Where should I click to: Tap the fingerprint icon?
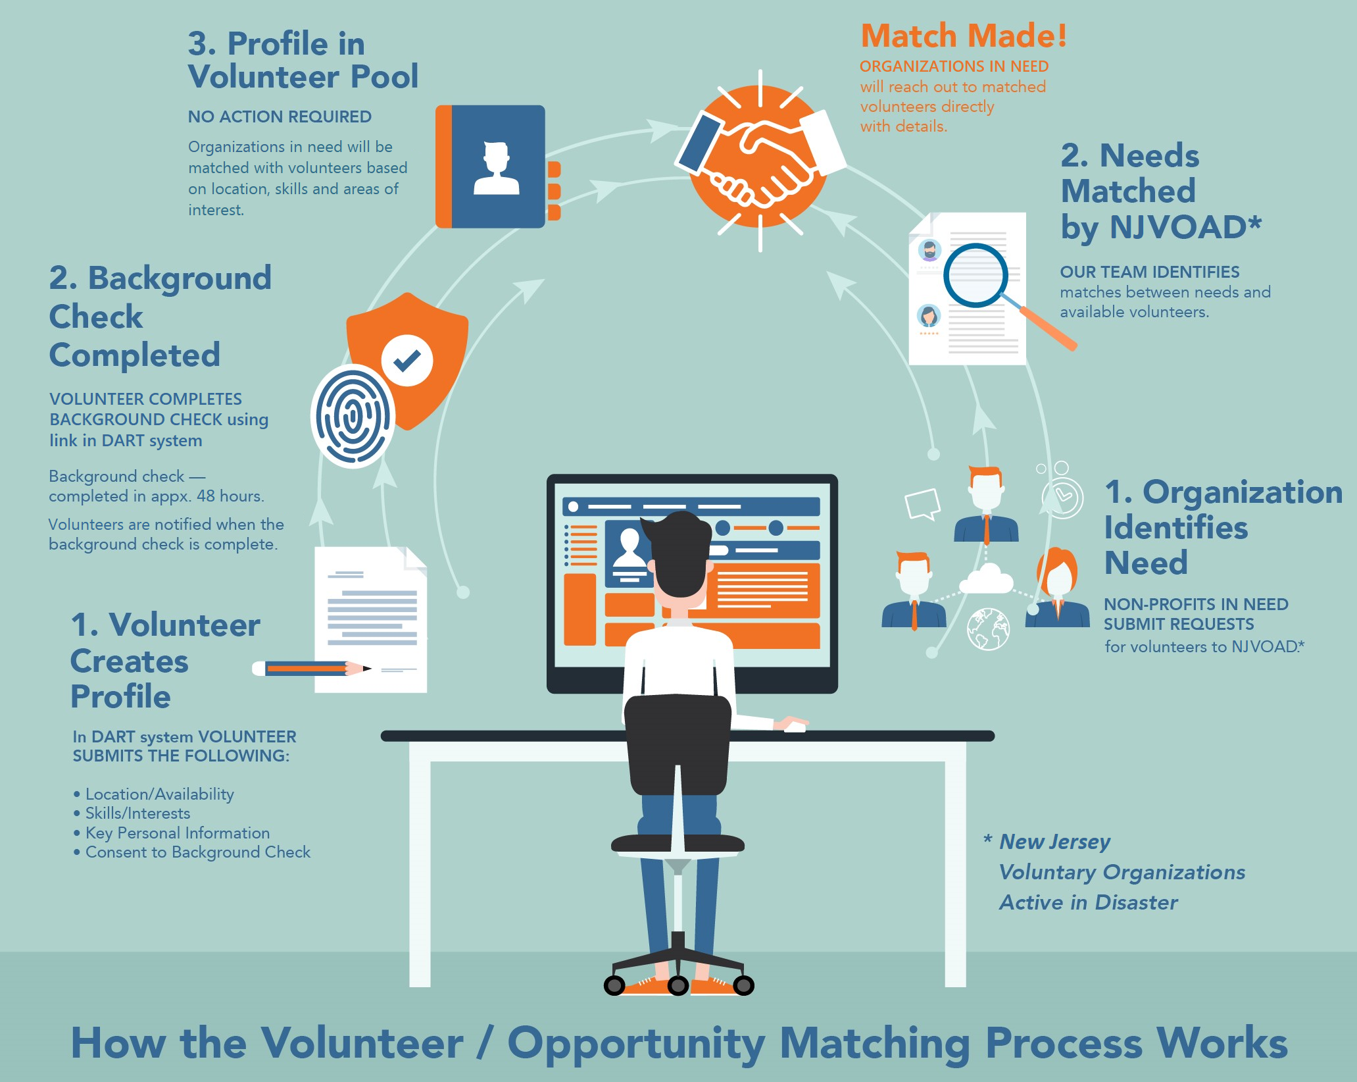click(x=353, y=416)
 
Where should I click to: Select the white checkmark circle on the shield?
click(x=407, y=360)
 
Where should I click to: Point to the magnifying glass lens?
click(x=975, y=275)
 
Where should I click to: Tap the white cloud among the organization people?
click(x=987, y=579)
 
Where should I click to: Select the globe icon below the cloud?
click(x=988, y=629)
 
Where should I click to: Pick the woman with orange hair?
click(x=1057, y=589)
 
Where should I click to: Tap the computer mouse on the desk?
click(x=795, y=727)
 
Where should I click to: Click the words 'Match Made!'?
click(x=964, y=36)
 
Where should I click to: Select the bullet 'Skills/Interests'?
click(x=137, y=813)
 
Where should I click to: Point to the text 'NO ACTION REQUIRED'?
click(x=280, y=117)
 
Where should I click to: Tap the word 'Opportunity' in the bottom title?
click(x=636, y=1044)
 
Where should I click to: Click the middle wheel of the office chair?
click(x=678, y=985)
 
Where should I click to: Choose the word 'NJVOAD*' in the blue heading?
click(x=1185, y=228)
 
